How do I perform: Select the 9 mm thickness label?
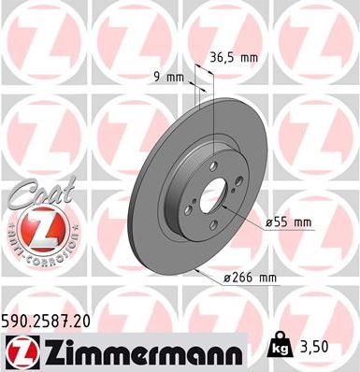[167, 77]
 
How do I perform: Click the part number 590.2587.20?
[53, 320]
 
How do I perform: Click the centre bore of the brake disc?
[213, 195]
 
